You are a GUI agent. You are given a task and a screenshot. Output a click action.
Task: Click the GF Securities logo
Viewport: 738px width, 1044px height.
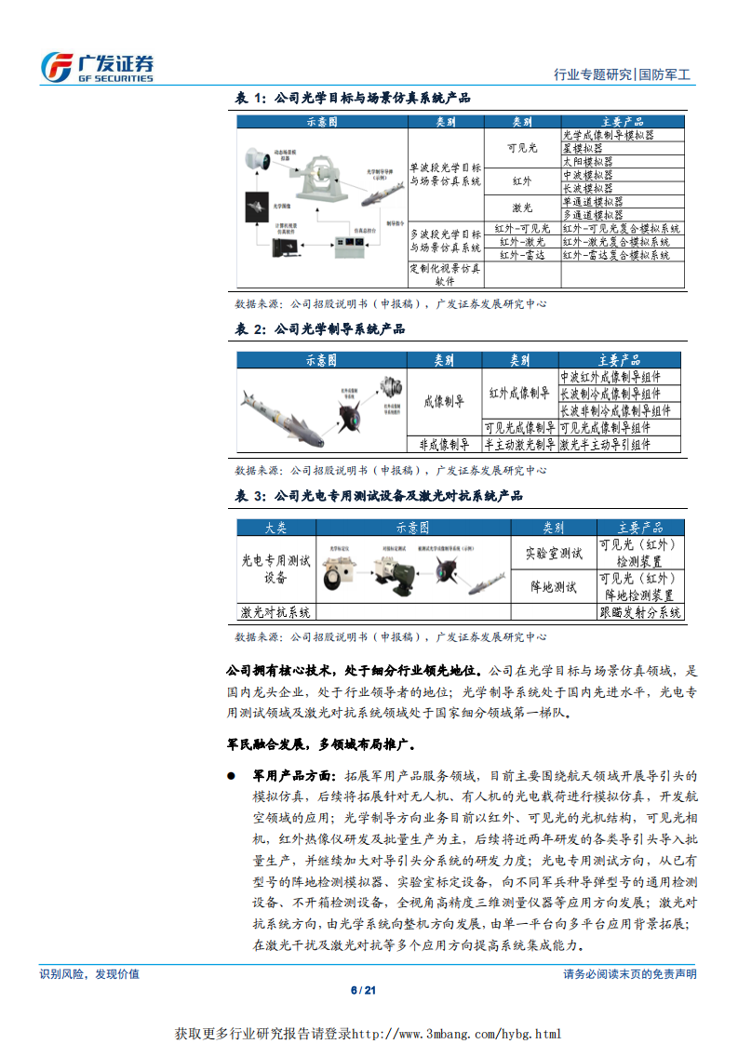[x=97, y=66]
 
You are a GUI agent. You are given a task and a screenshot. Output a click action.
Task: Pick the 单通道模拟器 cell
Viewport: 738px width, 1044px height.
[x=593, y=201]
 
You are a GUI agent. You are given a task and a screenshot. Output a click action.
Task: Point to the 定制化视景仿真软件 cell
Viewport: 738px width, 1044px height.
[x=446, y=274]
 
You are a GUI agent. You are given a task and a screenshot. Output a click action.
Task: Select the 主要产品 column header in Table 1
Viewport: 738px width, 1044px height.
[x=622, y=122]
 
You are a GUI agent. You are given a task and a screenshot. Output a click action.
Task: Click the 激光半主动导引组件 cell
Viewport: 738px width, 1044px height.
[x=605, y=445]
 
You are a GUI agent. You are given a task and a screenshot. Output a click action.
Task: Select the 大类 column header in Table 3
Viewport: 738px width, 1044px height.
[x=275, y=528]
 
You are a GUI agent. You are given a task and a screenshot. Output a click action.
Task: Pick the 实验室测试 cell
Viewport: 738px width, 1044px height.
[x=555, y=554]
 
